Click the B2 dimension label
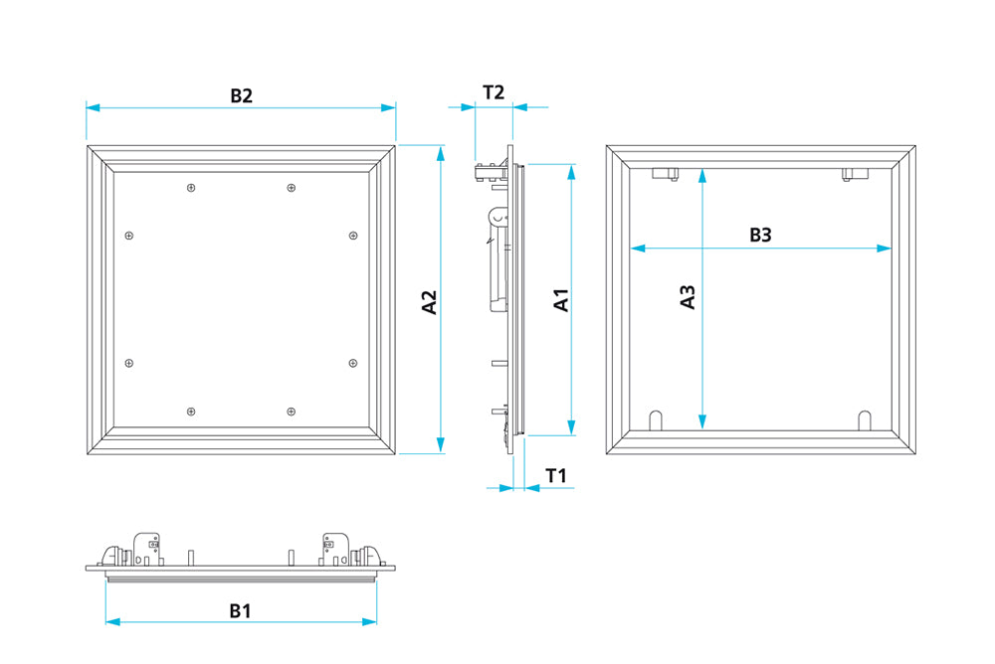241,95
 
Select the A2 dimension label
429,302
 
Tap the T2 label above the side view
494,92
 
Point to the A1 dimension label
561,300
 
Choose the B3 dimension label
760,235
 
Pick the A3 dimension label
687,297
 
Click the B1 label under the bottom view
240,611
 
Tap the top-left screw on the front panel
192,187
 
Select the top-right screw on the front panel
290,187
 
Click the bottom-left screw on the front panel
192,411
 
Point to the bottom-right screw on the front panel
290,411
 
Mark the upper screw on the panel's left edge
128,236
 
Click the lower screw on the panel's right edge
353,364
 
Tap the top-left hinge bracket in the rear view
665,174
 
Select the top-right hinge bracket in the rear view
855,174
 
